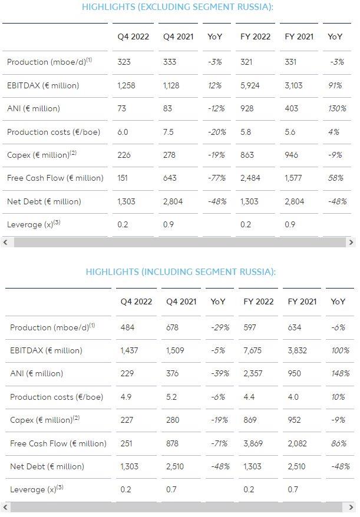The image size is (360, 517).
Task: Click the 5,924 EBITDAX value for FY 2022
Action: click(250, 85)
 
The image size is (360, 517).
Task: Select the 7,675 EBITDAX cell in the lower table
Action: click(252, 350)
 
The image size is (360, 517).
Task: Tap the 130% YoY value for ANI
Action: click(337, 108)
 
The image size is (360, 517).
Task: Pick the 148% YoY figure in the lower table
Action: click(340, 373)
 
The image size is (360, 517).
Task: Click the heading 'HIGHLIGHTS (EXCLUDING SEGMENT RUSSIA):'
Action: click(177, 7)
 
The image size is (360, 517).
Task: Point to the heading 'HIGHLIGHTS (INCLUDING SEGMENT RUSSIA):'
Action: click(180, 271)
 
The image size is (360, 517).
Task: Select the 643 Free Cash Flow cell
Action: click(170, 178)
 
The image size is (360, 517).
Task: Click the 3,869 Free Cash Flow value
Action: click(253, 443)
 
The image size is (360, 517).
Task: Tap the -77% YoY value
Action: click(217, 178)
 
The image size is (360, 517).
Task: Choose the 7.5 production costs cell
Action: click(168, 132)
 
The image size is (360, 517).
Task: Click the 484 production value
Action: click(127, 327)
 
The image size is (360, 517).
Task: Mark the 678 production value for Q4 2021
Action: click(172, 327)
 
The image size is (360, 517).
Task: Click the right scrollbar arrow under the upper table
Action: click(351, 243)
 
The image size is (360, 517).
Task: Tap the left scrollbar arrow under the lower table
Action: click(5, 507)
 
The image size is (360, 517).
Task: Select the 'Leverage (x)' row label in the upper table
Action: click(34, 224)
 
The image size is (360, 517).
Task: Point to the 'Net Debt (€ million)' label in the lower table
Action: click(47, 466)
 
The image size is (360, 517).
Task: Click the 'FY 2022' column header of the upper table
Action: click(255, 37)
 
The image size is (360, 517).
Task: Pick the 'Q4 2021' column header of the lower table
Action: click(181, 301)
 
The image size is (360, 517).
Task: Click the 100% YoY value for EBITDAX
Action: click(340, 350)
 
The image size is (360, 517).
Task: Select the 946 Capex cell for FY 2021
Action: click(292, 155)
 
